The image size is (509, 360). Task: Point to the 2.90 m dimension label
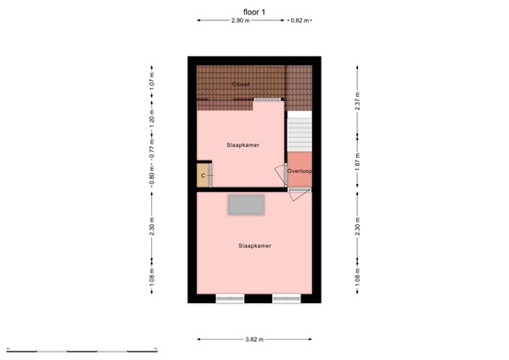[x=241, y=20]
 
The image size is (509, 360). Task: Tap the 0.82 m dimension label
[x=299, y=20]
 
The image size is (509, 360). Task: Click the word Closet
[x=243, y=85]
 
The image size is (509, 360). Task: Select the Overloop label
[x=299, y=171]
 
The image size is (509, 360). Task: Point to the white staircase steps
[x=299, y=132]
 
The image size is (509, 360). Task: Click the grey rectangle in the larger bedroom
[x=245, y=205]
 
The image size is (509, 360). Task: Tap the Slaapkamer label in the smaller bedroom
[x=243, y=145]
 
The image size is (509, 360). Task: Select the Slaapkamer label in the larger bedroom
[x=255, y=245]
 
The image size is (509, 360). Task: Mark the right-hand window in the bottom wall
[x=284, y=298]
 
